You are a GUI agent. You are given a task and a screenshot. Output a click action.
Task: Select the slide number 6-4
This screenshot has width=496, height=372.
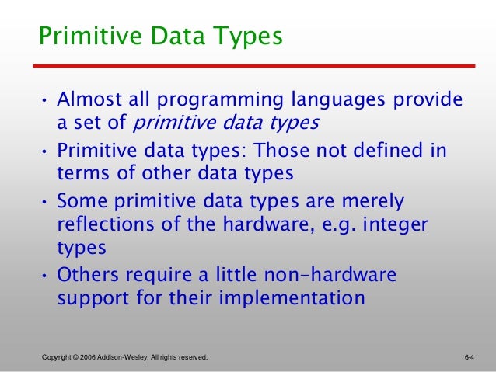pos(469,357)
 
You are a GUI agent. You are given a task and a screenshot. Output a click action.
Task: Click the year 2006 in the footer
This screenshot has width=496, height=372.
pos(86,357)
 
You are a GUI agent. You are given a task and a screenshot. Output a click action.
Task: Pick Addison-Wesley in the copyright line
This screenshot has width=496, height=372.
pos(128,357)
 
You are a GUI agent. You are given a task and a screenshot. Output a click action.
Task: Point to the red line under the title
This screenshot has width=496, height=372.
pos(257,65)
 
